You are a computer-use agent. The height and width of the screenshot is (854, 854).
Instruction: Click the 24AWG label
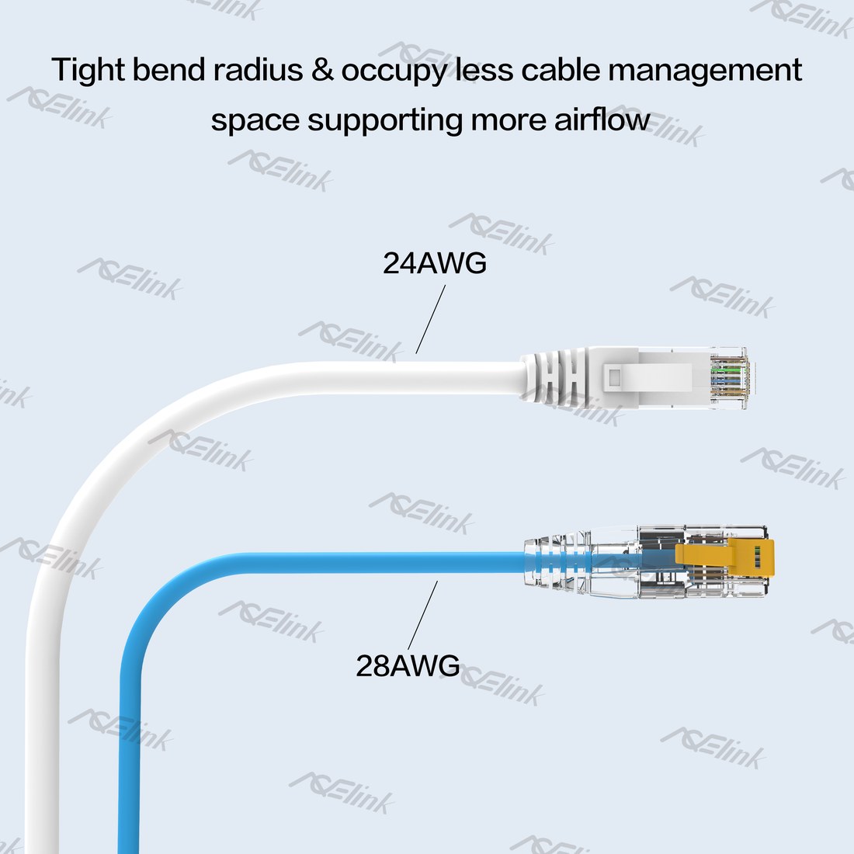tap(435, 263)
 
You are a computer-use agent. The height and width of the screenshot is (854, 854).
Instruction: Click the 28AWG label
tap(408, 665)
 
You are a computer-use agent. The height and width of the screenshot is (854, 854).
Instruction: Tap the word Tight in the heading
tap(89, 71)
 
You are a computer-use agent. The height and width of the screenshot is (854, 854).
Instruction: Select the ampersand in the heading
tap(322, 70)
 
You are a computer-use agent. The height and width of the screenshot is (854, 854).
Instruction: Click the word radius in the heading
tap(258, 70)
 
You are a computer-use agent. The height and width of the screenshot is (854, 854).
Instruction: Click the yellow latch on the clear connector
tap(724, 559)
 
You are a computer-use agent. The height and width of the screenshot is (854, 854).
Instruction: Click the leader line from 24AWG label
tap(430, 320)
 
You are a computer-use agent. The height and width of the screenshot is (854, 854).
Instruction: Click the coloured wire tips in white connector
tap(730, 377)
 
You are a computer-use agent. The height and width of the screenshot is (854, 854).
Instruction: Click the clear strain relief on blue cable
tap(557, 561)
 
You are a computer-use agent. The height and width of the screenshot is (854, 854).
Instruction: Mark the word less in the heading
tap(484, 70)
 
